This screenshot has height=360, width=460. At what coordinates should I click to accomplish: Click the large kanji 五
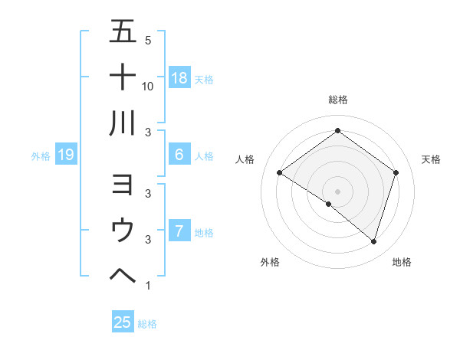click(123, 32)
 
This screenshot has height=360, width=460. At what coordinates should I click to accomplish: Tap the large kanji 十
click(123, 77)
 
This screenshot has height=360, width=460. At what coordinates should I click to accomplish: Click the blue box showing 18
click(179, 77)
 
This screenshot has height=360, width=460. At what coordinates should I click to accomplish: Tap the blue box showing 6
click(179, 155)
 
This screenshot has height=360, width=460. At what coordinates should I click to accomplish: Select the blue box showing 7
click(179, 231)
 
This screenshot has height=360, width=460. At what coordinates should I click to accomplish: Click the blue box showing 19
click(66, 155)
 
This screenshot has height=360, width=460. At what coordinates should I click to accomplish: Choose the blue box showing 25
click(123, 322)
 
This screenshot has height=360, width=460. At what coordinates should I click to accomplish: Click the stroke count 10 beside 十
click(148, 86)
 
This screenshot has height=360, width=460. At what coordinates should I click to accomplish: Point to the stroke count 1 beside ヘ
click(147, 286)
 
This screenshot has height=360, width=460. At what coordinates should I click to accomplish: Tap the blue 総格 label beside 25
click(147, 324)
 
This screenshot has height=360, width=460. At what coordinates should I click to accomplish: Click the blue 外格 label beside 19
click(41, 156)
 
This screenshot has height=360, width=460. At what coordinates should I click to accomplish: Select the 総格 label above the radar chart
click(337, 100)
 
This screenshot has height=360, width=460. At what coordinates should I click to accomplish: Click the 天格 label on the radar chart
click(431, 159)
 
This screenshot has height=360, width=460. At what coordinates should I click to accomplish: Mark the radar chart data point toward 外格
click(329, 204)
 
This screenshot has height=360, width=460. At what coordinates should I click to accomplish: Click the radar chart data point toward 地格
click(373, 242)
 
